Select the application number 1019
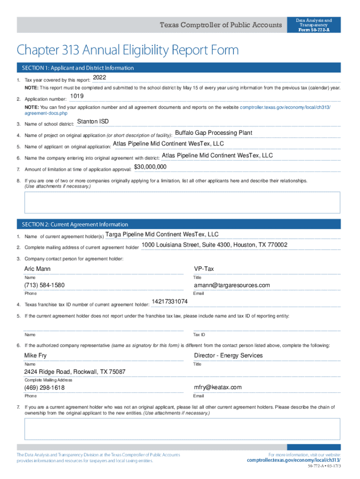coord(77,96)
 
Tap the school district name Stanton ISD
coord(93,122)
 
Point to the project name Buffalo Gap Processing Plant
coord(213,133)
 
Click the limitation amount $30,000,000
coord(150,167)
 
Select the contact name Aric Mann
coord(37,269)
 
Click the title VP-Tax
coord(204,269)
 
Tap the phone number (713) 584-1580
coord(44,285)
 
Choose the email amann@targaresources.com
coord(232,285)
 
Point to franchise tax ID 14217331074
coord(170,302)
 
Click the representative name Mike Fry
coord(36,356)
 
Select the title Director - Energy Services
coord(228,356)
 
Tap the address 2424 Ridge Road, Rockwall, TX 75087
coord(75,372)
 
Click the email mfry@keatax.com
coord(218,387)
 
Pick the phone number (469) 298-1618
coord(44,388)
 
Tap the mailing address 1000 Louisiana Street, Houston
coord(215,245)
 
